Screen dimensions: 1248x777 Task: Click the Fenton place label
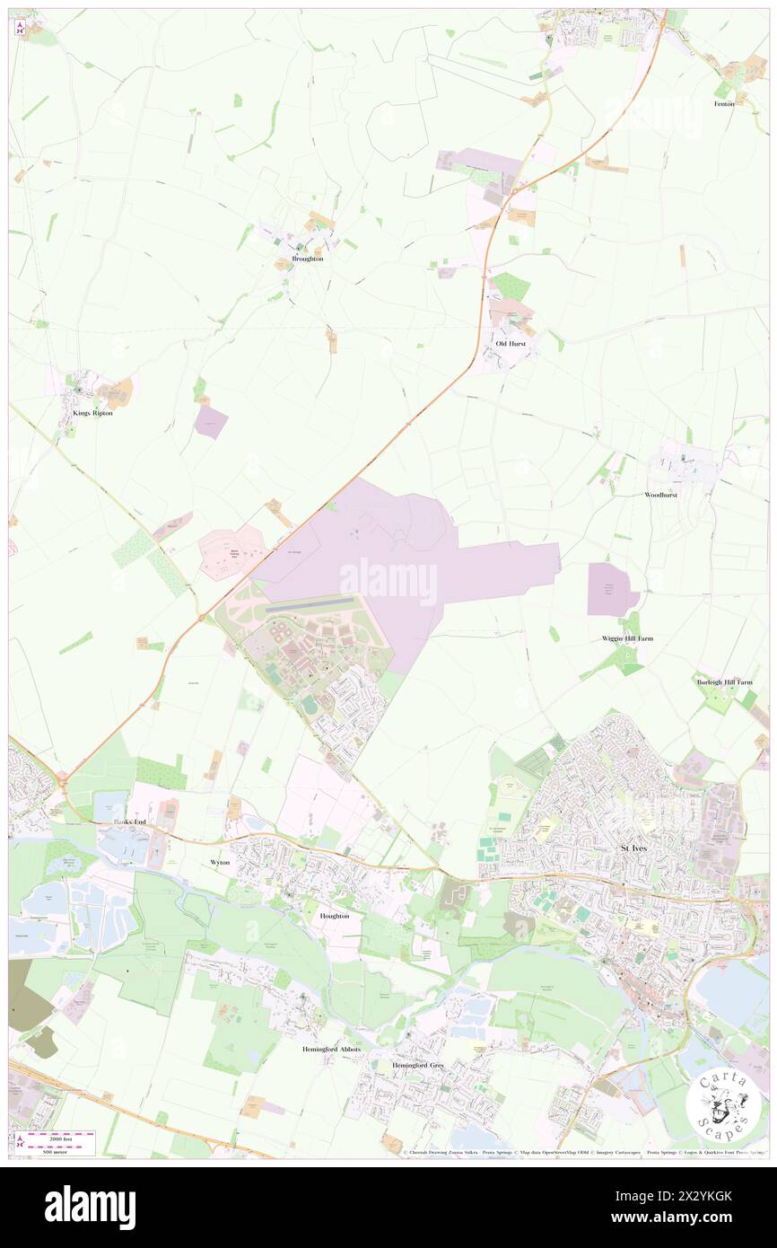point(725,104)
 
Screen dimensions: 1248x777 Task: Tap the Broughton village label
point(300,259)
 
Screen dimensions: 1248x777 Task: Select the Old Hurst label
point(511,344)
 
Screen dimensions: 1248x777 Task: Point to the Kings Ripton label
point(92,413)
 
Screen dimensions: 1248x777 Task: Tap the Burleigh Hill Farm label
point(724,682)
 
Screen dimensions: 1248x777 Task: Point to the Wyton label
point(220,862)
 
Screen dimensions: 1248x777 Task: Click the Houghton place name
point(335,916)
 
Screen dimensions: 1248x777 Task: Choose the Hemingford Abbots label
point(330,1049)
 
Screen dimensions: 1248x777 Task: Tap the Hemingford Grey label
point(418,1066)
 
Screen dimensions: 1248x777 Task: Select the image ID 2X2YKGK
point(709,1196)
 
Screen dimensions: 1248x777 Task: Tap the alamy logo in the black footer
point(90,1207)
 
